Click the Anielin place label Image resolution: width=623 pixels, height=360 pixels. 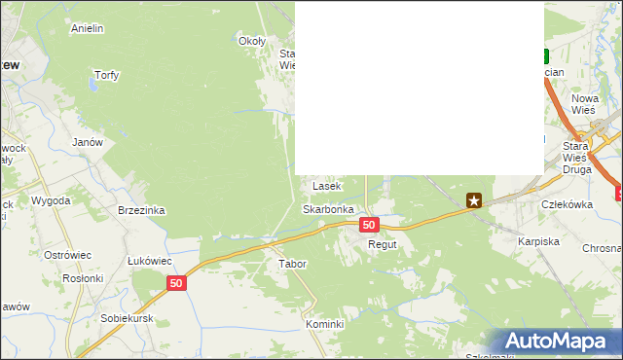[x=88, y=28]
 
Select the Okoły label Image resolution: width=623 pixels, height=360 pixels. [x=252, y=41]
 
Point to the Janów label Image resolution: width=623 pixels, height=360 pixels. [x=88, y=142]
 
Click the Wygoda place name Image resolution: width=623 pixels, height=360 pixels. [x=51, y=200]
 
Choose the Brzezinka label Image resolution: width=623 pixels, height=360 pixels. [x=141, y=210]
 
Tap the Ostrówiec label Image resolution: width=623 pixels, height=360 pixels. [x=68, y=255]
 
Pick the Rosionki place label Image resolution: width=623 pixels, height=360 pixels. [x=83, y=277]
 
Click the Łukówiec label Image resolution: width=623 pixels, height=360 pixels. [x=150, y=261]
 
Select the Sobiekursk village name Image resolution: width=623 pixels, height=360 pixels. [x=128, y=318]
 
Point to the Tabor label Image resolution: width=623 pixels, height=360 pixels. [x=292, y=264]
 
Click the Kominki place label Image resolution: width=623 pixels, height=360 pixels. [x=325, y=324]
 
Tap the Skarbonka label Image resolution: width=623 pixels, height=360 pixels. [x=327, y=209]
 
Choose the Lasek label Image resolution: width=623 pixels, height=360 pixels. [x=325, y=185]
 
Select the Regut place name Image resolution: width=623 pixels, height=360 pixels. [x=383, y=245]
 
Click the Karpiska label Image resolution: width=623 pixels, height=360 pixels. [x=537, y=240]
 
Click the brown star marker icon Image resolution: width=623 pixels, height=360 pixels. [x=474, y=201]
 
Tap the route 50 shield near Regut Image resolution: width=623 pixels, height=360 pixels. [x=368, y=225]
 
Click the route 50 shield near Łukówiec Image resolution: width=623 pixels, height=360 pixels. [x=175, y=283]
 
